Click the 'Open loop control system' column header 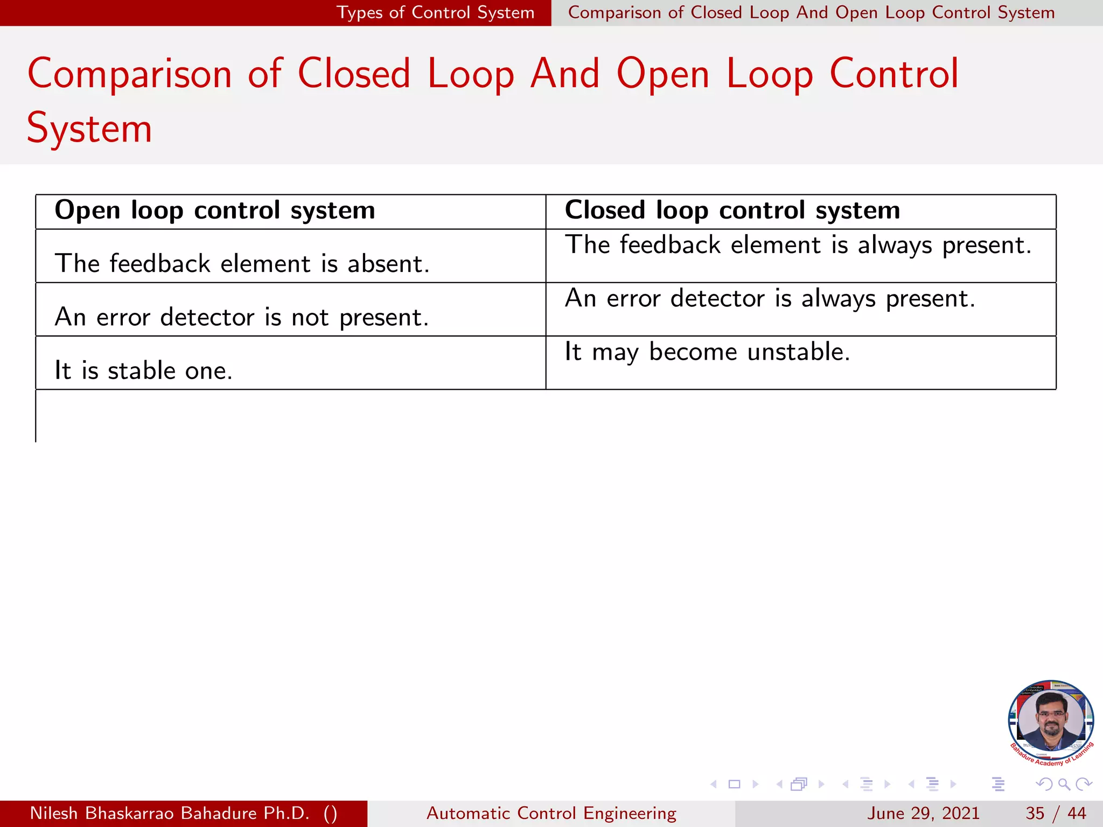point(214,211)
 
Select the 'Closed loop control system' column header point(732,211)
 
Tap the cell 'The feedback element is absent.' point(242,264)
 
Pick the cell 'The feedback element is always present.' point(798,246)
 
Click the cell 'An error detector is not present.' point(242,317)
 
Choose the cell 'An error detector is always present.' point(770,299)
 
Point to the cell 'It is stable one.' point(143,370)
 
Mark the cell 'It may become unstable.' point(707,352)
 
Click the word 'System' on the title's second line point(89,129)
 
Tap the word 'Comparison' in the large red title point(129,74)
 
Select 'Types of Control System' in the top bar point(435,12)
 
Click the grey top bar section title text point(811,12)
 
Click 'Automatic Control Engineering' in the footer point(551,813)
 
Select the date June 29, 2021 point(923,813)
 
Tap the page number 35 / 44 point(1056,813)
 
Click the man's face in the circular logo point(1051,719)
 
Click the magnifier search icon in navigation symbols point(1064,784)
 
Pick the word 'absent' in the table point(387,264)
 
